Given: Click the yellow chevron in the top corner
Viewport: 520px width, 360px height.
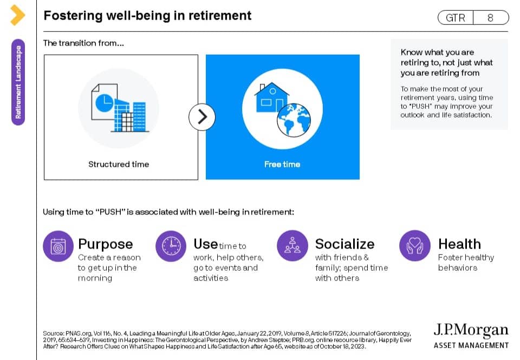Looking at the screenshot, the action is tap(17, 15).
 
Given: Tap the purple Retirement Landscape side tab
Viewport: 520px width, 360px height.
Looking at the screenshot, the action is tap(18, 82).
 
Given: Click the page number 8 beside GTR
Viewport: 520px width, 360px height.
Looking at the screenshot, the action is tap(491, 17).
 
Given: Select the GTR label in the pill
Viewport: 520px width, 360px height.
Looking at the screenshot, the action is tap(456, 17).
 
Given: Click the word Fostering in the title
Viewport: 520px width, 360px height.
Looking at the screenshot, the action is tap(73, 16).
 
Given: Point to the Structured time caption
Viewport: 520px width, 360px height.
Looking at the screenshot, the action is tap(119, 164).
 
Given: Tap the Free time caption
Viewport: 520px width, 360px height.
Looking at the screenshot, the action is tap(282, 164).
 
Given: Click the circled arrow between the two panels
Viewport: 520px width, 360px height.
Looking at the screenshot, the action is tap(202, 117).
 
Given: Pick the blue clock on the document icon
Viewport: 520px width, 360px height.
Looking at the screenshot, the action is tap(104, 103).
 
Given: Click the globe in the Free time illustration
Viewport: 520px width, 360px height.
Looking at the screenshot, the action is tap(294, 120).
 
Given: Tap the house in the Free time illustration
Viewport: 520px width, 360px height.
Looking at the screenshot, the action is tap(272, 98).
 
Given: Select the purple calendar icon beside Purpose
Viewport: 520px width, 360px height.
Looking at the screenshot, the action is tap(58, 246).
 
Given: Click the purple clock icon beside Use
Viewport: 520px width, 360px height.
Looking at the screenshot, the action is tap(171, 246).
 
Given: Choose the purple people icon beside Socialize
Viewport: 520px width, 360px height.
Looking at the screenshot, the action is tap(292, 246).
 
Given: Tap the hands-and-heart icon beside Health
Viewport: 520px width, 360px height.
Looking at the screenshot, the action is tap(415, 246).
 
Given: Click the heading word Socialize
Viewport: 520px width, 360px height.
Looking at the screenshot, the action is tap(345, 244).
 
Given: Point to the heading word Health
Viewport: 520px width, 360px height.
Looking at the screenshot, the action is tap(460, 244).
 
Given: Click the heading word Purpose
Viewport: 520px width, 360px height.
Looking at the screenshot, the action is tap(106, 245).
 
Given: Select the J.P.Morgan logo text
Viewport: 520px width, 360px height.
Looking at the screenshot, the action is tap(471, 330).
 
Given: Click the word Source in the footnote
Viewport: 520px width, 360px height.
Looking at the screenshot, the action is tap(53, 333).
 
